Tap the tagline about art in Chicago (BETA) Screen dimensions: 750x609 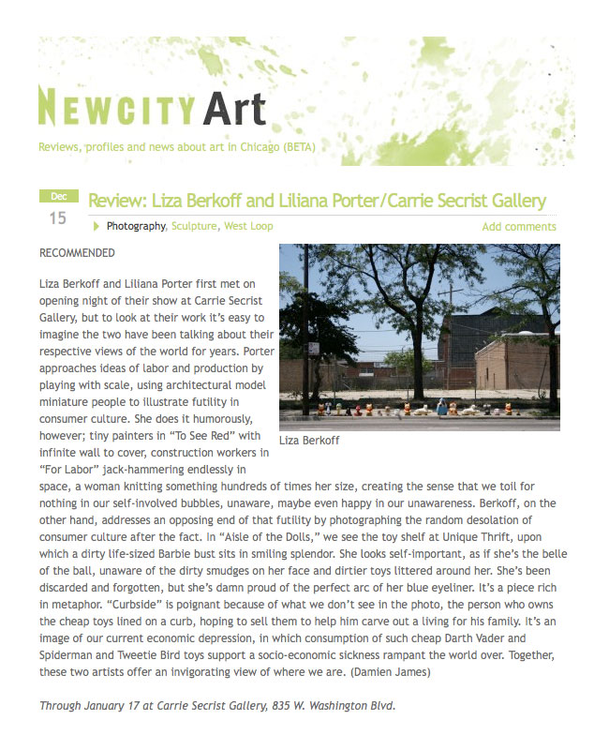[176, 147]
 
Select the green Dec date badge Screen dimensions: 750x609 [58, 196]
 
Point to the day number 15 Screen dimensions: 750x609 [58, 218]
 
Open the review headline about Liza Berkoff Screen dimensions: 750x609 [317, 201]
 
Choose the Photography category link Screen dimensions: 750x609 [136, 226]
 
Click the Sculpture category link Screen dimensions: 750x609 [194, 226]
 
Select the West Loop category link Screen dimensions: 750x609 [248, 226]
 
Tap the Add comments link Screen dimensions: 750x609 [519, 227]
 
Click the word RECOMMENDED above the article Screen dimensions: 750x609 [78, 253]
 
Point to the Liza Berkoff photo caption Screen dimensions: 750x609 [309, 440]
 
